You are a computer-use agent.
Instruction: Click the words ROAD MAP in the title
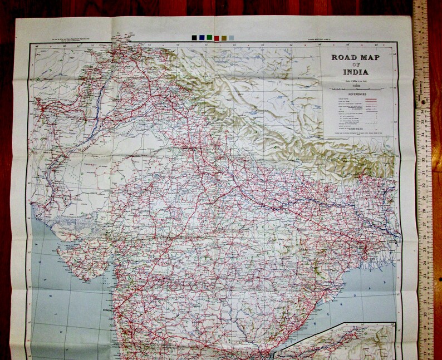[354, 57]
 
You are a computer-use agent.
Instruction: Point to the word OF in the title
[354, 65]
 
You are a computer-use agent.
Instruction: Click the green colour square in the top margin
[209, 38]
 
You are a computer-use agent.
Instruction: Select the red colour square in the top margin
[217, 38]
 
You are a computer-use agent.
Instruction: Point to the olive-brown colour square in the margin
[224, 38]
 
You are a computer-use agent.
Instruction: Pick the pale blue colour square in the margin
[232, 38]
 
